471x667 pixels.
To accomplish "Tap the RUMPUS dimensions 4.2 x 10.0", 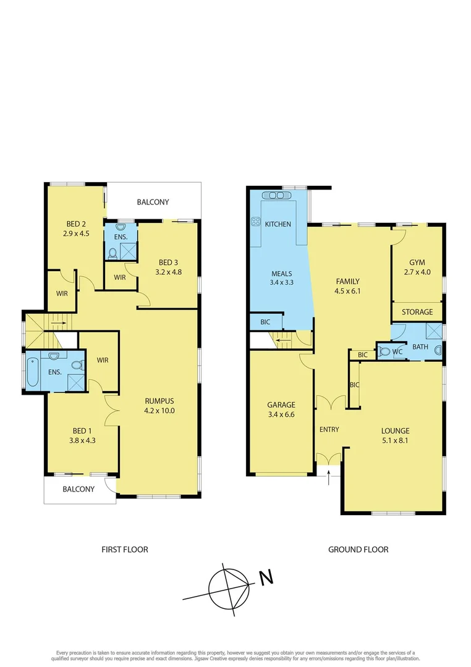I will point(159,409).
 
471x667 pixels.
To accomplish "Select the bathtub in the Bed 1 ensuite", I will point(32,371).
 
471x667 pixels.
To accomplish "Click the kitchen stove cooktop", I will point(255,222).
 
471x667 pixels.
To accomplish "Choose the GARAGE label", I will point(281,405).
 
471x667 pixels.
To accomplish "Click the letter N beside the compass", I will point(266,578).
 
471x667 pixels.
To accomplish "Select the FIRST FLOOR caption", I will point(125,549).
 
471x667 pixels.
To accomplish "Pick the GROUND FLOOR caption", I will point(359,549).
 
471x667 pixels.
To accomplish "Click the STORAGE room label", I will point(417,312).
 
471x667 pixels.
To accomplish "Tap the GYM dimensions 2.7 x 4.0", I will point(417,272).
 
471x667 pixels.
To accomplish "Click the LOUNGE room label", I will point(396,431).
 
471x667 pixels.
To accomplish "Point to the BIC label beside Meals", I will point(265,322).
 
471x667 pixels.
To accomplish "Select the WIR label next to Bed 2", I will point(62,293).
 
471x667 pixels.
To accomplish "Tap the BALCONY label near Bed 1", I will point(78,489).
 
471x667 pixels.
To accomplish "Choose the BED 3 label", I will point(168,262).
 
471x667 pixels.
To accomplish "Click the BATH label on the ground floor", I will point(420,347).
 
